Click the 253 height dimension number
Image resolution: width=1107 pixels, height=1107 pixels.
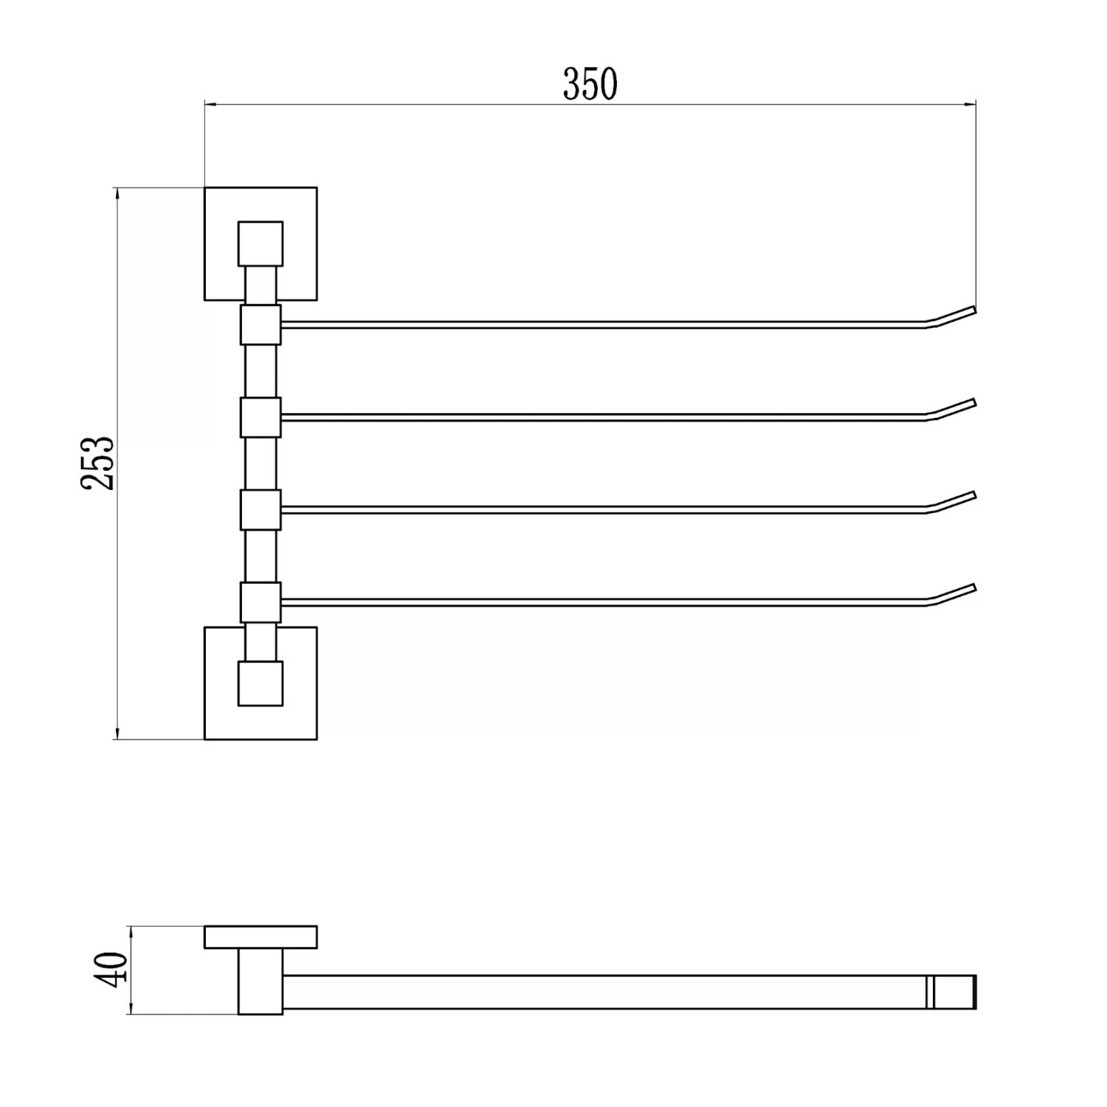coord(98,463)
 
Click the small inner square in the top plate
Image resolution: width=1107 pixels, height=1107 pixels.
coord(261,244)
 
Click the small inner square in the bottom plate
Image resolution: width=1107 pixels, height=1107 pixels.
coord(261,683)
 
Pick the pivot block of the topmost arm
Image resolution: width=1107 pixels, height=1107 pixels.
coord(261,325)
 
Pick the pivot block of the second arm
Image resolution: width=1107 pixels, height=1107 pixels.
coord(261,418)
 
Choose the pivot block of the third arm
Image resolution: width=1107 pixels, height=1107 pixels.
coord(261,510)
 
